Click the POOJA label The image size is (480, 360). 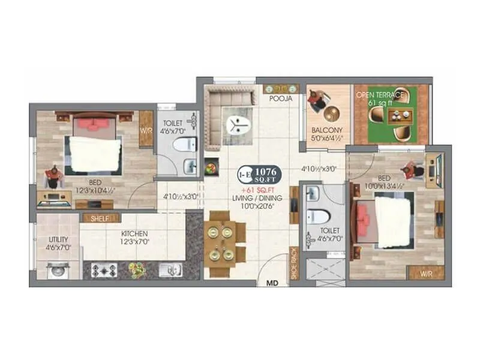tap(281, 98)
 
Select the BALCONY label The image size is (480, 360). tap(326, 130)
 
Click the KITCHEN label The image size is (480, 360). tap(135, 233)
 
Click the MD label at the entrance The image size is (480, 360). tap(271, 281)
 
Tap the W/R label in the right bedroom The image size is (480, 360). tap(425, 272)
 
